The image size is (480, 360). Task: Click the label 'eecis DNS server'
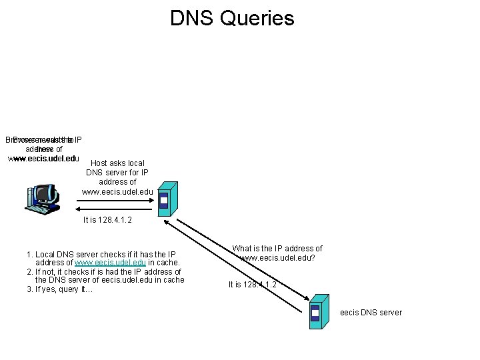tap(371, 312)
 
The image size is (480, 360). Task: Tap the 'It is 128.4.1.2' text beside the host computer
tap(107, 220)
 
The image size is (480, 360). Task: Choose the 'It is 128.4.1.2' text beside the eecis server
tap(253, 285)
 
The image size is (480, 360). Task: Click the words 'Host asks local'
tap(117, 163)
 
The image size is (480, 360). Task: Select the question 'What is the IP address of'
tap(277, 249)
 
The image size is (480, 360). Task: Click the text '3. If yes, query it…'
tap(59, 289)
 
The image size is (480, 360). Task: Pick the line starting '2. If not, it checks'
tap(103, 272)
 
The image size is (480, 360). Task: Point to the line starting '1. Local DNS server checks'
tap(101, 255)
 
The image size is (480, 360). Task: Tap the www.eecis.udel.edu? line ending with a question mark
tap(277, 257)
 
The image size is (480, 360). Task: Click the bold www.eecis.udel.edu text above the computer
tap(43, 159)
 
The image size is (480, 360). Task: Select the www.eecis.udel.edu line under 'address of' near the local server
tap(117, 192)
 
